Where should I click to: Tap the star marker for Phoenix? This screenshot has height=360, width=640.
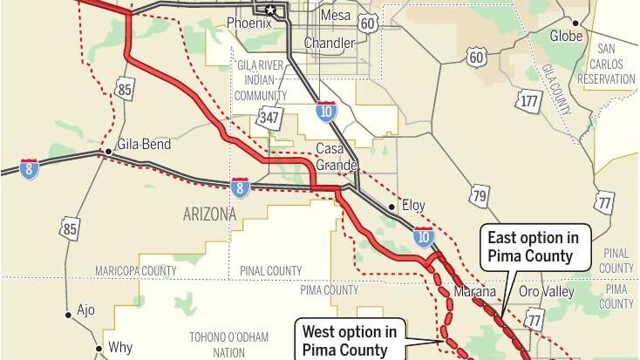(x=271, y=10)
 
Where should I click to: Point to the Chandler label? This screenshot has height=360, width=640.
(x=329, y=43)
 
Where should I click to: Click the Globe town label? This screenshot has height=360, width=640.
(x=566, y=36)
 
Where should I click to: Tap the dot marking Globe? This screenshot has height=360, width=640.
(x=575, y=22)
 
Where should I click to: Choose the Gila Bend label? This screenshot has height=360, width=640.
(x=143, y=145)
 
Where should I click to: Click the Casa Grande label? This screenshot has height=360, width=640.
(x=336, y=156)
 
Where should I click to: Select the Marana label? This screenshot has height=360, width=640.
(x=474, y=292)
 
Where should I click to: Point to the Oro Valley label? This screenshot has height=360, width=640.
(x=547, y=291)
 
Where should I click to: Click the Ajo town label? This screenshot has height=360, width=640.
(x=86, y=309)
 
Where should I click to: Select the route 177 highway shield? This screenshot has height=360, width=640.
(x=528, y=100)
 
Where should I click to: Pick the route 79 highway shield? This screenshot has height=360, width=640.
(x=479, y=194)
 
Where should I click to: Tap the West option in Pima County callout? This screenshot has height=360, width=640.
(x=350, y=340)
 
